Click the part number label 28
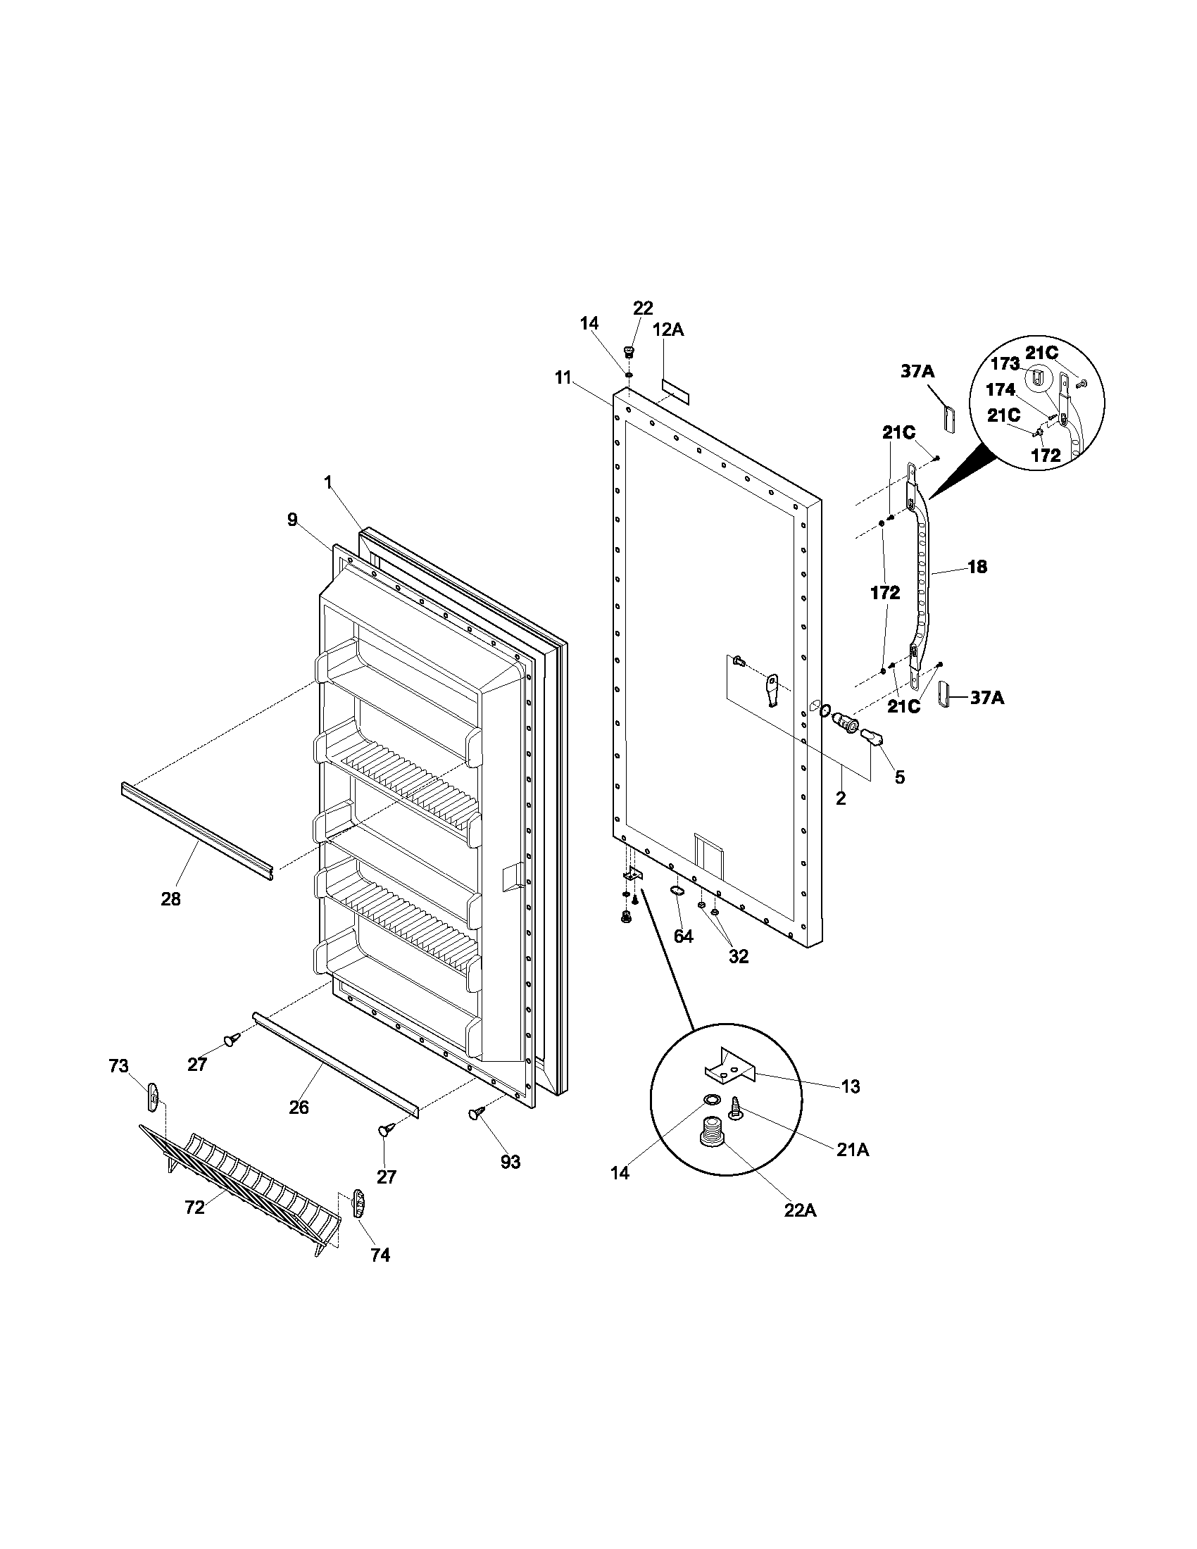(x=170, y=898)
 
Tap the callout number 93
(x=510, y=1162)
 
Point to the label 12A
(x=668, y=329)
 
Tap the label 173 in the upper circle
(x=1004, y=364)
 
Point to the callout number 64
(x=682, y=936)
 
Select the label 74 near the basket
(x=380, y=1255)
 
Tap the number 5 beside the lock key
(x=899, y=777)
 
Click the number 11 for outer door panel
(x=563, y=377)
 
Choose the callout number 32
(x=738, y=956)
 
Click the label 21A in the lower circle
(x=852, y=1150)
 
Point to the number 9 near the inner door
(x=292, y=519)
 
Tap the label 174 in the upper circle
(x=1001, y=389)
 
